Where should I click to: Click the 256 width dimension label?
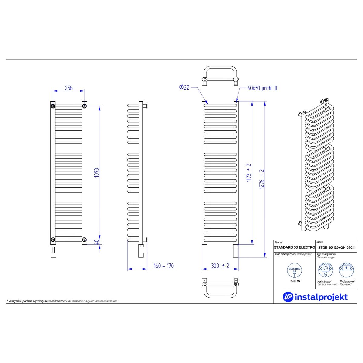coord(69,88)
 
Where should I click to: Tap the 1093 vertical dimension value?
coord(96,172)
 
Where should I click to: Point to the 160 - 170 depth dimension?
coord(164,266)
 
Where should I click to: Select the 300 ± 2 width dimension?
coord(220,266)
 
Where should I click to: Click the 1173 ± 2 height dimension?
coord(249,173)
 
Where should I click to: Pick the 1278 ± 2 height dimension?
coord(262,179)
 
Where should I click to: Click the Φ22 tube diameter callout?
coord(184,87)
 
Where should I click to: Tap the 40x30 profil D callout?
coord(262,88)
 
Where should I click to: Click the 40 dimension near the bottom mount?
coord(96,242)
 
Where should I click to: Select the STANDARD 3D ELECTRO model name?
coord(294,247)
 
